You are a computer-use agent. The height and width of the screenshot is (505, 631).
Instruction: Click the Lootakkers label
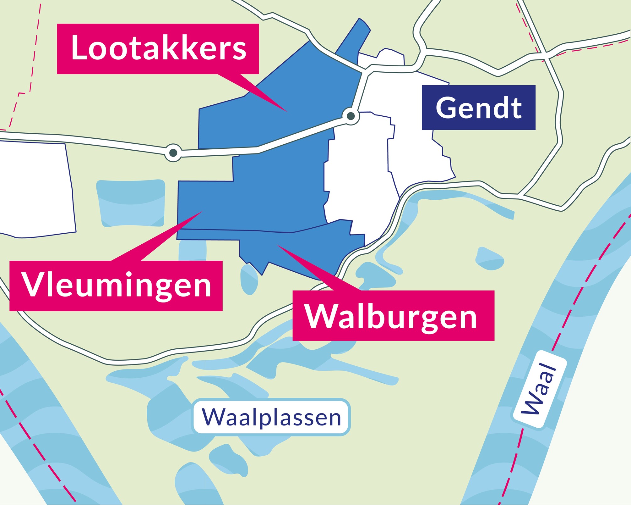pos(158,49)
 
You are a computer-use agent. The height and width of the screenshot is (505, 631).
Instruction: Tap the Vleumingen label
pos(116,286)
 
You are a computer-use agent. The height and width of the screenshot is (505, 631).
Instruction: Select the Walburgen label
pos(393,316)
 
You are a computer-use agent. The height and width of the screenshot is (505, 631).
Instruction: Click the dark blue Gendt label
pos(478,108)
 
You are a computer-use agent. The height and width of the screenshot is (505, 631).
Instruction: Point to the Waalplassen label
pos(271,417)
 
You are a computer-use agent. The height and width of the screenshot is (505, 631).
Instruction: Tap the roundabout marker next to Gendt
pos(351,116)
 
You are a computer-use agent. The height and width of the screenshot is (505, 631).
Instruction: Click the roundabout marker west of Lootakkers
pos(173,153)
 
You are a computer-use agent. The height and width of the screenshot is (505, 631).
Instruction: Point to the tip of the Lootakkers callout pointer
pos(286,111)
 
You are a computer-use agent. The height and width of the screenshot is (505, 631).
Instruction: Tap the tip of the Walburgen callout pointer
pos(278,245)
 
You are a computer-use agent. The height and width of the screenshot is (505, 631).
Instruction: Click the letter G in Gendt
pos(446,108)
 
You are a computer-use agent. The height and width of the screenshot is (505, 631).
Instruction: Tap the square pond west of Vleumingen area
pos(131,203)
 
